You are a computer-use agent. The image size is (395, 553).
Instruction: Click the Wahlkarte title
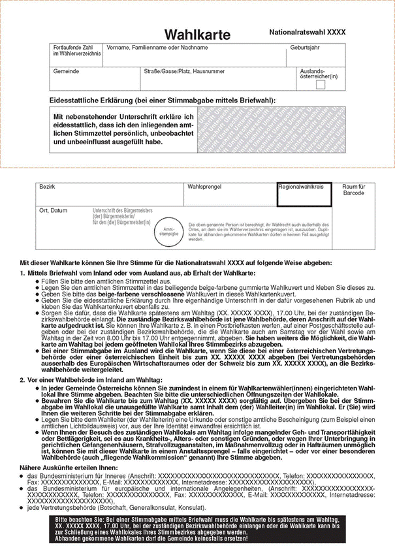click(x=193, y=34)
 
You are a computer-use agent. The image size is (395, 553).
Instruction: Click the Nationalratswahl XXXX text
click(x=307, y=32)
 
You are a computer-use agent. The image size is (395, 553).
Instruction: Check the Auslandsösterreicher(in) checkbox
click(x=321, y=85)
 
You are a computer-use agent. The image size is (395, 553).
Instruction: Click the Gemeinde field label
click(x=67, y=70)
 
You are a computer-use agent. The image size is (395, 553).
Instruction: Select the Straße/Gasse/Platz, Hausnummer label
click(x=184, y=70)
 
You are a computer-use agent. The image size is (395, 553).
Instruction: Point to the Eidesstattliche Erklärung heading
click(x=163, y=100)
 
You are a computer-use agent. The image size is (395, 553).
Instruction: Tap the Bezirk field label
click(x=47, y=187)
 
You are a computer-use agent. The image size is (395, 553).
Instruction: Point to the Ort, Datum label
click(x=53, y=211)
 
